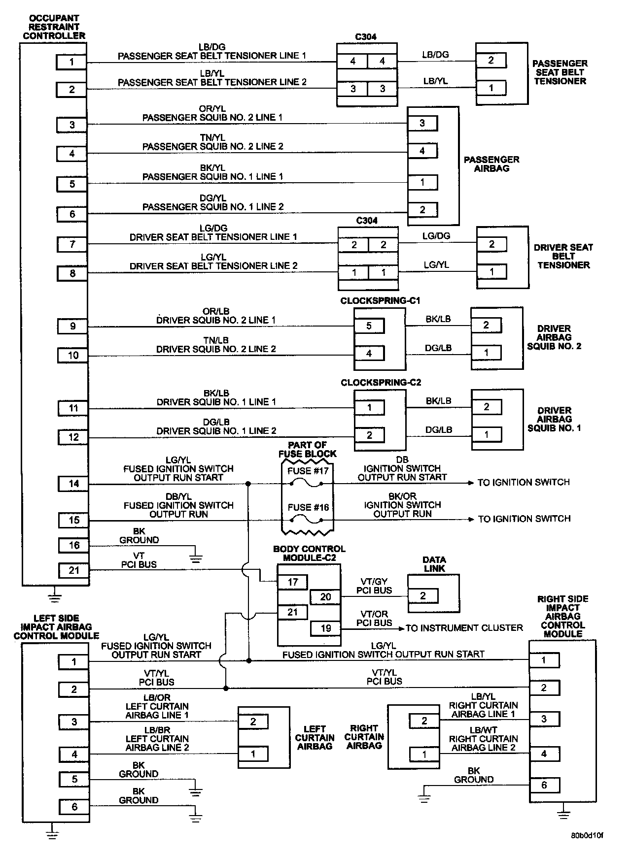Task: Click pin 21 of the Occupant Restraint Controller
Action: [x=73, y=570]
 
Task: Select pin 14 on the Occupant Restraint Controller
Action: [x=73, y=484]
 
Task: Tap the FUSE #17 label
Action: [x=308, y=471]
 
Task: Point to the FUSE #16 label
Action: [x=308, y=507]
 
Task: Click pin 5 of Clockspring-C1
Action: [x=369, y=326]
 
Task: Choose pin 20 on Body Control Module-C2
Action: [x=325, y=597]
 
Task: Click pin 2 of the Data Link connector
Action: [x=422, y=596]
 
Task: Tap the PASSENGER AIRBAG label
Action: [x=491, y=164]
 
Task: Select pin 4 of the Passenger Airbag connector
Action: [x=422, y=151]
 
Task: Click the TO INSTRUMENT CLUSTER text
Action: [x=464, y=628]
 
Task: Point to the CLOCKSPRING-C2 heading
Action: [x=381, y=383]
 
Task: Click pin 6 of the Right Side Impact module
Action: [x=544, y=785]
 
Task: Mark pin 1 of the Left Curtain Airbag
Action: [x=253, y=754]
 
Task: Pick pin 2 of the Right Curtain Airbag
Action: [x=424, y=721]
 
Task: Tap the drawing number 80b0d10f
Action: [x=588, y=836]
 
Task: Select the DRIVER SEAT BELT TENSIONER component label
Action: [x=563, y=256]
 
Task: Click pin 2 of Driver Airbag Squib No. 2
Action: [x=486, y=325]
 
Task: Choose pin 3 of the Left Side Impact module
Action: [x=74, y=722]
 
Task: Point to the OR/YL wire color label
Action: [x=212, y=109]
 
